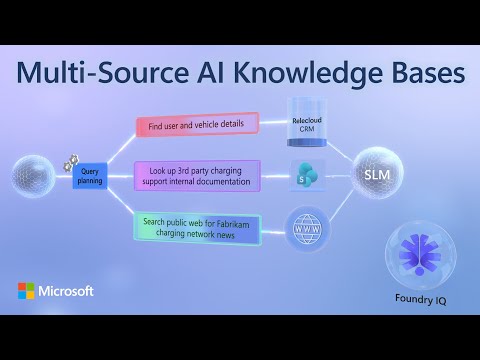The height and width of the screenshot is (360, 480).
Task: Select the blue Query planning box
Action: pos(89,176)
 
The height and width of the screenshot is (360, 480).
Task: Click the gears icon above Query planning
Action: pos(72,160)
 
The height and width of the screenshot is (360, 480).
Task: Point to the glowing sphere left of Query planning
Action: pos(32,176)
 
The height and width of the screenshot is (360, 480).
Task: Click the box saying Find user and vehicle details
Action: pos(197,125)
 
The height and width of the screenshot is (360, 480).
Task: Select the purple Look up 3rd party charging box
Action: pos(197,176)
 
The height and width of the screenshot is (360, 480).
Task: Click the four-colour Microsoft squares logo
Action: pos(26,291)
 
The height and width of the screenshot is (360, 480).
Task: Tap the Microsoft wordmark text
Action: pos(67,291)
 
